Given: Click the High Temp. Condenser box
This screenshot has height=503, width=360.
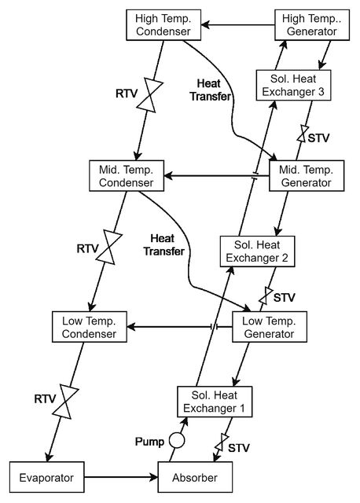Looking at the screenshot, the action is coord(163,25).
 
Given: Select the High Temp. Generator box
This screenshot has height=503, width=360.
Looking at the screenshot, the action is coord(312,25).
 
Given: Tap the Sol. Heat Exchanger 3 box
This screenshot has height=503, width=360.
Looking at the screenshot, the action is coord(293,86).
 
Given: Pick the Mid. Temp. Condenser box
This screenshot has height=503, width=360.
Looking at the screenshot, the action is coord(127,176).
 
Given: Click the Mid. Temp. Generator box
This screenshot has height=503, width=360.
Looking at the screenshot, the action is coord(307,176).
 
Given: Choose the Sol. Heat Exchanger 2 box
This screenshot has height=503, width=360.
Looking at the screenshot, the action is coord(257,251).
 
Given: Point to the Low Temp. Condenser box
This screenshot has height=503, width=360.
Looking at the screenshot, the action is coord(89,327).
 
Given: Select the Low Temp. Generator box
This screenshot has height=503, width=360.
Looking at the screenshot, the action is coord(269,327).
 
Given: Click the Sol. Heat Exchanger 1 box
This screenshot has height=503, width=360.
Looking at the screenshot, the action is coord(215,402).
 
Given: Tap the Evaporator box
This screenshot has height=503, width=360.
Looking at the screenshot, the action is coord(47,477).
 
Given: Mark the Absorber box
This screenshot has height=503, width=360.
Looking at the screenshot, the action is coord(195,477).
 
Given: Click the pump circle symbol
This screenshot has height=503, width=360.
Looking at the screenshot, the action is coord(177,440).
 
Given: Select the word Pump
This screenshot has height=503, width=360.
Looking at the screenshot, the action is coord(149,442).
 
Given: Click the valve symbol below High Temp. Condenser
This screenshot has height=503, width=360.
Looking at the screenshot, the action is coord(150,95).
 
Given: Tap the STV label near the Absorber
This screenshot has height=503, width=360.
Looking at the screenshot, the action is coord(239,448).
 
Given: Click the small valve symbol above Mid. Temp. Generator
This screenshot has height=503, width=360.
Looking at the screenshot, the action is coord(303,133).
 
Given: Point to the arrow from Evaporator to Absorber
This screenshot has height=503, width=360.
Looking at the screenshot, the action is coord(121,477).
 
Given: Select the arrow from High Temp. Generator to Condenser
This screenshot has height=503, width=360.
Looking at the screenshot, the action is coord(237,24).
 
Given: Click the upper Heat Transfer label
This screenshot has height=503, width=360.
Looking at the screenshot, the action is coord(210,90).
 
